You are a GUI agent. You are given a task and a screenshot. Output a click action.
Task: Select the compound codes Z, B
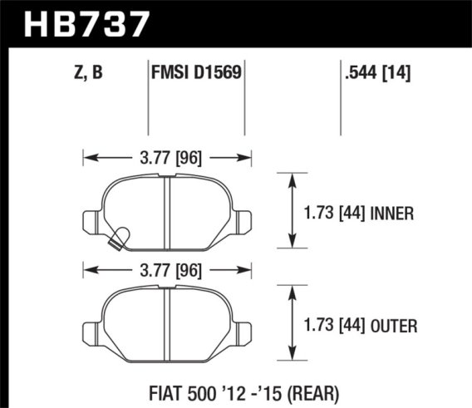point(87,73)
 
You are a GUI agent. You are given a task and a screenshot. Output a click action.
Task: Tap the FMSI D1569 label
point(196,73)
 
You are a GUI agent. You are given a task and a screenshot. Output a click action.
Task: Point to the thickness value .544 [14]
point(377,73)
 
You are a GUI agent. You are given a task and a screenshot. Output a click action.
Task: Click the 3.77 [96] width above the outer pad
point(167,268)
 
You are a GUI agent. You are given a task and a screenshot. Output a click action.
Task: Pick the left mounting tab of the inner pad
point(91,219)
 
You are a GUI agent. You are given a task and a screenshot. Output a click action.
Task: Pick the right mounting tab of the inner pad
point(242,219)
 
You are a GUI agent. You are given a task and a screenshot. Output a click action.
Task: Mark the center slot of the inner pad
point(167,214)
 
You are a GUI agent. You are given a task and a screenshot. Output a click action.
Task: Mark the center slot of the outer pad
point(167,324)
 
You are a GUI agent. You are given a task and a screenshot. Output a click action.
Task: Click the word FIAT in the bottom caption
point(157,391)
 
